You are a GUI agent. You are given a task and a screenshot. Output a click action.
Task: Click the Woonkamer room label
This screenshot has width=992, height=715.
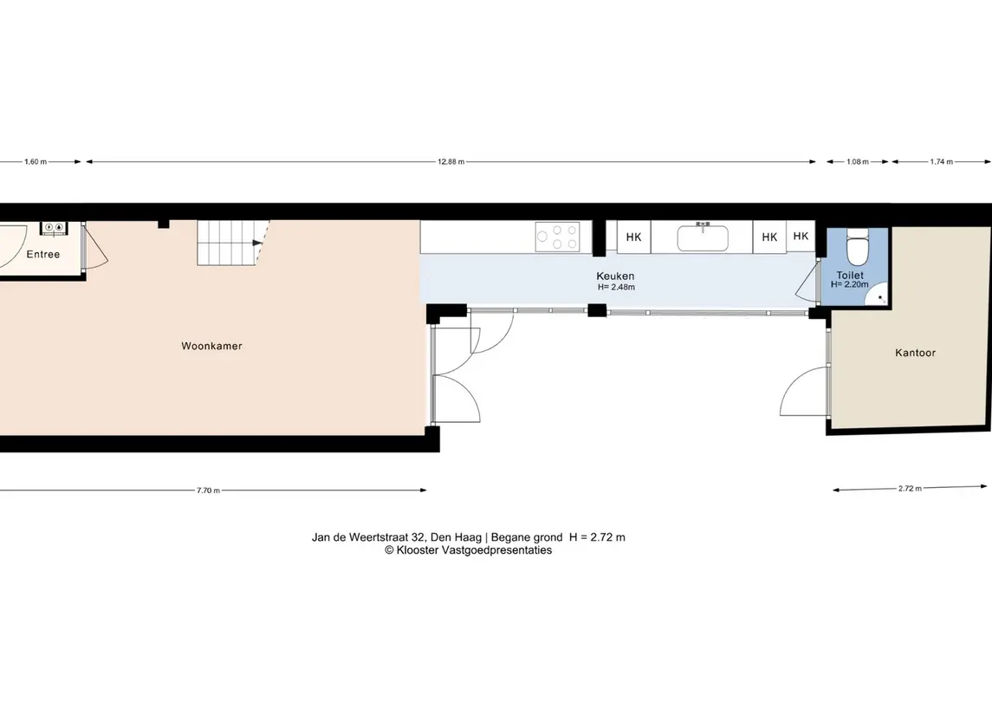pos(211,346)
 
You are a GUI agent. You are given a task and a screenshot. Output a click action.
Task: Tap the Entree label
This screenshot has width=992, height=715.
pos(43,254)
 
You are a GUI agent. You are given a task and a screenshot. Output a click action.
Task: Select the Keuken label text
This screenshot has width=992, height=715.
pos(615,276)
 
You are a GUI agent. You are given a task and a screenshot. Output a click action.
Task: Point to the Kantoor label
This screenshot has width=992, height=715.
pos(915,353)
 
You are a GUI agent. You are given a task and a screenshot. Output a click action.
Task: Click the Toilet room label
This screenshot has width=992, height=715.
pos(850,276)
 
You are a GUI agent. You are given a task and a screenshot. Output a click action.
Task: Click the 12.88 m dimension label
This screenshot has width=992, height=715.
pos(451,162)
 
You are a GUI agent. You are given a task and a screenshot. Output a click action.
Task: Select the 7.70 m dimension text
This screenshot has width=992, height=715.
pos(208,491)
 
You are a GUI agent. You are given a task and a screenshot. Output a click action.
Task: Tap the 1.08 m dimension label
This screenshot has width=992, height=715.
pos(857,162)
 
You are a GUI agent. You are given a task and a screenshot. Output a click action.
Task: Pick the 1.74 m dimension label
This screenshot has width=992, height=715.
pos(941,162)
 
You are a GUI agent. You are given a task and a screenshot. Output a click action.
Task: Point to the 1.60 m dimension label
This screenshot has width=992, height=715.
pos(36,162)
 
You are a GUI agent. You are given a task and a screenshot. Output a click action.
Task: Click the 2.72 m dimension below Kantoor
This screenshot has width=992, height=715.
pos(910,489)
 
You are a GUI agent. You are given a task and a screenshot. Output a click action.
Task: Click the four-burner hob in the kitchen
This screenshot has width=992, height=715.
pos(557,237)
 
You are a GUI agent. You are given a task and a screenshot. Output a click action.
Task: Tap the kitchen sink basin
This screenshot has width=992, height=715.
pos(703,238)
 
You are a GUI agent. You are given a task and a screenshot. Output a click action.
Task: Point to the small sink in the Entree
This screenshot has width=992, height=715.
pos(53,228)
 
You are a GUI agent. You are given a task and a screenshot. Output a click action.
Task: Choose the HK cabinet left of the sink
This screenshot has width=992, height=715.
pos(633,237)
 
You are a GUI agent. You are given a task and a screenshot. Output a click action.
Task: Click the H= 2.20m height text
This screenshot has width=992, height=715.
pos(850,285)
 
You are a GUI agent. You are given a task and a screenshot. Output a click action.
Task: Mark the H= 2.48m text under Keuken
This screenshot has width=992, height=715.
pos(616,287)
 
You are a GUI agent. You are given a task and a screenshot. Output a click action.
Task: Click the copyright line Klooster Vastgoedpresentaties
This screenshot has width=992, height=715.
pos(468,550)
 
